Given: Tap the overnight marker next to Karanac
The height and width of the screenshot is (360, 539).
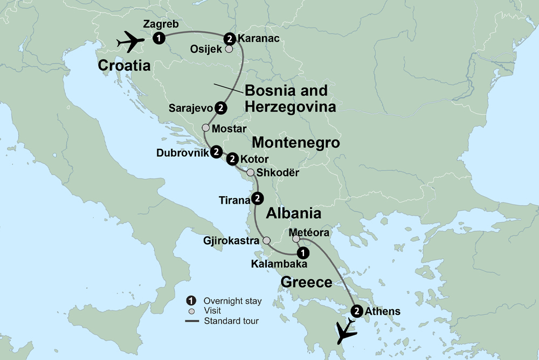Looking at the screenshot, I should point(230,38).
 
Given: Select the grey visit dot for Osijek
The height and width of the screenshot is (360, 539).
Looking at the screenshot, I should point(229,49).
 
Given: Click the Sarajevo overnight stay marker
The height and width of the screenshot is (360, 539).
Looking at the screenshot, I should point(220,108).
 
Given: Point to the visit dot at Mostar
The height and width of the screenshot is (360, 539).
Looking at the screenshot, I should point(205,128).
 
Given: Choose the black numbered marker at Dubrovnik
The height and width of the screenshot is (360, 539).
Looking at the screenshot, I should point(216,152).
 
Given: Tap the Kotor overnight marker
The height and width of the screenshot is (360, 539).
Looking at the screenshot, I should point(232,159).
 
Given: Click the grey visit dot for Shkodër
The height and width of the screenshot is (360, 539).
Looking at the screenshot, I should point(250,172).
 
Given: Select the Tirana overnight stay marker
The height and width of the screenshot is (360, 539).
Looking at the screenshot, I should point(258,199).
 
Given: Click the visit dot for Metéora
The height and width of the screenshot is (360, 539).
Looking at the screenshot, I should point(288,239).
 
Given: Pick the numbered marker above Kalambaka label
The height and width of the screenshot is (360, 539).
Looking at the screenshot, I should point(303,252).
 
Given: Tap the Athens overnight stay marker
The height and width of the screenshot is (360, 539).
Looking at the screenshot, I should point(356,311).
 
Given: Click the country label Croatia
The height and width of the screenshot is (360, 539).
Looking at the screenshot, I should point(124,66).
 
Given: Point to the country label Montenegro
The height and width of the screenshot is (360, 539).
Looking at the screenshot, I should point(295,143).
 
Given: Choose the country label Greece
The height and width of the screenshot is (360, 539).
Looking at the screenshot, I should point(306,282).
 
